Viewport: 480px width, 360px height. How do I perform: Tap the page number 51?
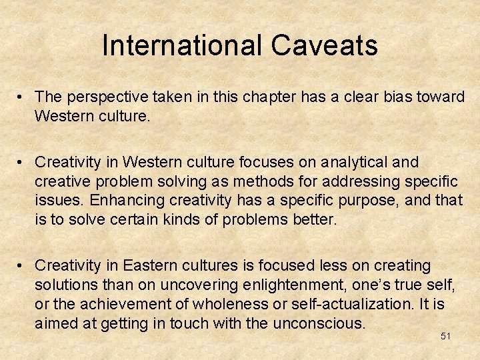[445, 336]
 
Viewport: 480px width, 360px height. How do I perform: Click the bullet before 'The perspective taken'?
[22, 97]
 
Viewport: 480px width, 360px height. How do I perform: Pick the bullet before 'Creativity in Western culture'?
[22, 163]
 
